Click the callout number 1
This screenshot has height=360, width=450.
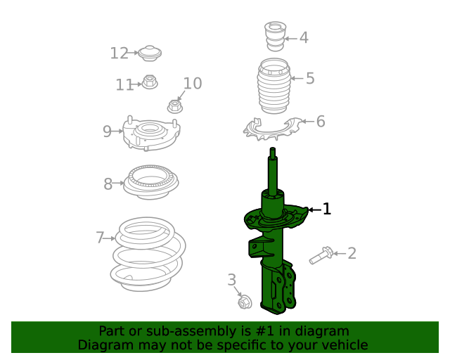point(326,209)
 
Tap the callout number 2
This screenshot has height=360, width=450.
point(352,253)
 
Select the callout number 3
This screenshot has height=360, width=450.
point(232,281)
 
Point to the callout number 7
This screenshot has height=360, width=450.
point(101,238)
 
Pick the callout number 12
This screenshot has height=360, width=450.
point(119,53)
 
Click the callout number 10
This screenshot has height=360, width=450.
point(192,84)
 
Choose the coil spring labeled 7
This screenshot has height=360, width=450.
point(149,253)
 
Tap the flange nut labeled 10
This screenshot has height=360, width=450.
point(174,107)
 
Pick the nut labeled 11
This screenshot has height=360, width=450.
point(149,82)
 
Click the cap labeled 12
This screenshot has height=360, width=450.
point(150,53)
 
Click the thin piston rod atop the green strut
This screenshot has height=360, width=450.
point(272,169)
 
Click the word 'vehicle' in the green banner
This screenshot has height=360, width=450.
point(343,345)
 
